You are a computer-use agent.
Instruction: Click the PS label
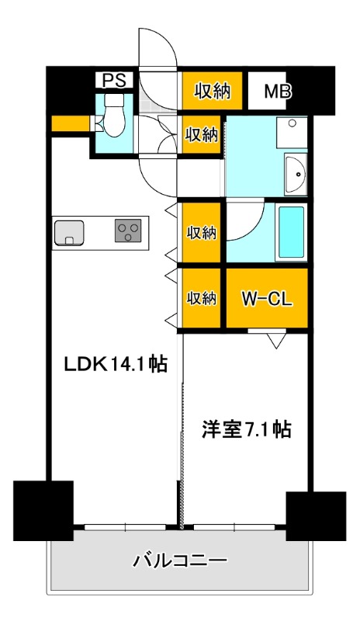pyautogui.click(x=115, y=80)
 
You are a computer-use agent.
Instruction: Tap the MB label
pyautogui.click(x=277, y=91)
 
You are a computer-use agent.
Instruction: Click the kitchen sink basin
pyautogui.click(x=69, y=231)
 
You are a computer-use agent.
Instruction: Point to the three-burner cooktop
pyautogui.click(x=128, y=231)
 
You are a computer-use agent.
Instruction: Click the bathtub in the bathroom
pyautogui.click(x=292, y=233)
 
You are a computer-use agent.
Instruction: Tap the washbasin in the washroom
pyautogui.click(x=296, y=176)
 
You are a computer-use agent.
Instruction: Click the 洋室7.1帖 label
pyautogui.click(x=246, y=429)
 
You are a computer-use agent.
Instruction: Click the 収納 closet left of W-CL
pyautogui.click(x=201, y=298)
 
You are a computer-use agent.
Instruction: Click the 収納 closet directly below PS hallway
pyautogui.click(x=201, y=134)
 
